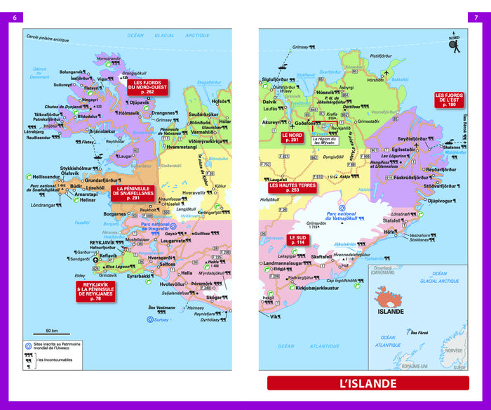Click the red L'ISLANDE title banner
point(368,383)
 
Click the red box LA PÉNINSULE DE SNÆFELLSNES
point(135,193)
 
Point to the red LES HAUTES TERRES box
point(292,187)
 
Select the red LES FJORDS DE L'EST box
point(449,99)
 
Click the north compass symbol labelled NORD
point(453,44)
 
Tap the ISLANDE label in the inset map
point(391,311)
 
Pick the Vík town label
point(274,317)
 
